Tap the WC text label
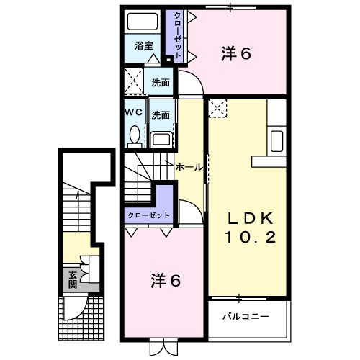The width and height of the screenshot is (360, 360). [x=134, y=114]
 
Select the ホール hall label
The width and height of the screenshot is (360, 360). [x=189, y=166]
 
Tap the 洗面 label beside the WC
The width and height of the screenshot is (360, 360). [x=161, y=114]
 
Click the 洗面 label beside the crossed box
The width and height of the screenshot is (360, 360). [x=161, y=82]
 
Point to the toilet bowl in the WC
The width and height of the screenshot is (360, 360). [x=134, y=134]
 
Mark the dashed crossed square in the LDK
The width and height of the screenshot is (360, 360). [x=217, y=109]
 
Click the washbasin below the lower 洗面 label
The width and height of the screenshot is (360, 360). [x=161, y=138]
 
